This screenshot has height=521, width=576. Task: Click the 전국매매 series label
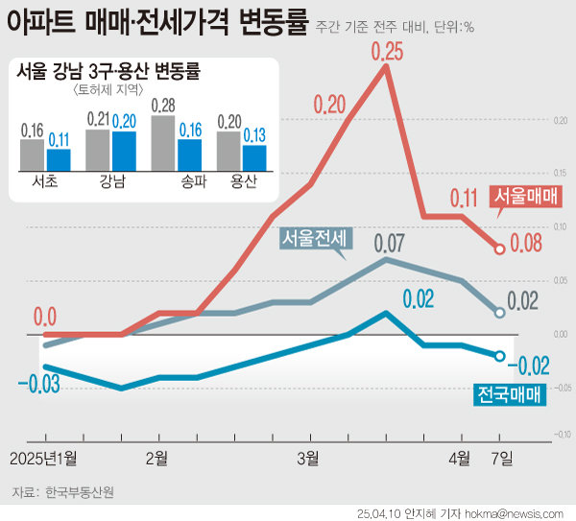click(509, 393)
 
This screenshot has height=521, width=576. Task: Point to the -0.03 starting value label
click(38, 385)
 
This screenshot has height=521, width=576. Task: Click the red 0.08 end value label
click(530, 246)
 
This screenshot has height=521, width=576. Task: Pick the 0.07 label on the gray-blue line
click(389, 241)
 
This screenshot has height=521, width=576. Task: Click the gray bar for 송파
click(163, 141)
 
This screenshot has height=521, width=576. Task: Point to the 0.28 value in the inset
click(163, 105)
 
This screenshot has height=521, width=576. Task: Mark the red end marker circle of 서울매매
click(500, 249)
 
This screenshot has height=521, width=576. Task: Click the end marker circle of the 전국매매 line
click(500, 356)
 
